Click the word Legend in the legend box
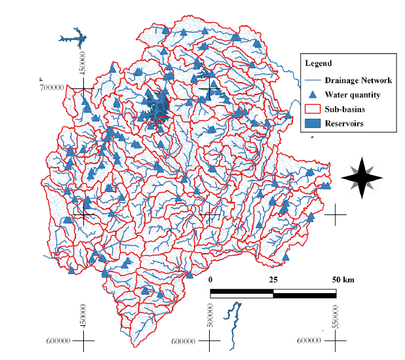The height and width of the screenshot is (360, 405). point(318,64)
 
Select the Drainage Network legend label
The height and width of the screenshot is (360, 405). point(358,81)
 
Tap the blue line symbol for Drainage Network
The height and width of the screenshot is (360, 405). point(313,81)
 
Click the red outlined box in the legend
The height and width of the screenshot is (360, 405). point(313,109)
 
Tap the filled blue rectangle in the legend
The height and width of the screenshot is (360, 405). point(313,123)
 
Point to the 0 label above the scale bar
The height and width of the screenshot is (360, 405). point(210,279)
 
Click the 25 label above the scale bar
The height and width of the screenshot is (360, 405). point(273,279)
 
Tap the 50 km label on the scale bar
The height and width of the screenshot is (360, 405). point(343,279)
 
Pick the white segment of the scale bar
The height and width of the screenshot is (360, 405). point(241,293)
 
